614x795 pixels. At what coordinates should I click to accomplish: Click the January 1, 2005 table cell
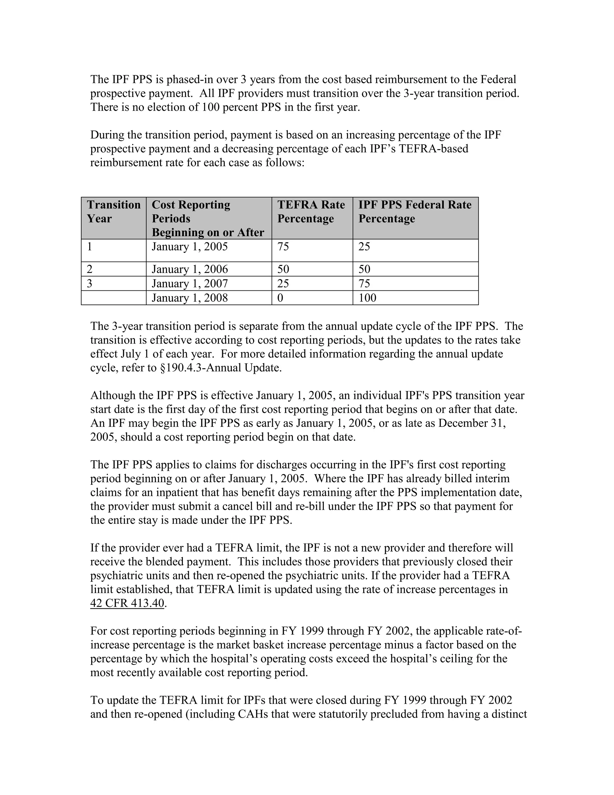click(190, 247)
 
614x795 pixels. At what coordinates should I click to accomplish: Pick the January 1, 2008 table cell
click(190, 298)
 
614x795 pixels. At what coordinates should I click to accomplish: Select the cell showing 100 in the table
click(367, 298)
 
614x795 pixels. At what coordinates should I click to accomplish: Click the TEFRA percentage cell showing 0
click(280, 298)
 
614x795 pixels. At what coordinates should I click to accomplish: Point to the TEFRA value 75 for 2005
click(283, 247)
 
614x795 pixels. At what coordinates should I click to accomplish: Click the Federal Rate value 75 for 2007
click(365, 283)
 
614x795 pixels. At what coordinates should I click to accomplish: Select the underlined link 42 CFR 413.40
click(127, 603)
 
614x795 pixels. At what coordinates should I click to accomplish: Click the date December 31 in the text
click(471, 423)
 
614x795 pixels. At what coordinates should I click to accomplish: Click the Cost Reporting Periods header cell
click(208, 218)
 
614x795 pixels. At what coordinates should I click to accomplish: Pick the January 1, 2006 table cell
click(190, 269)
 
